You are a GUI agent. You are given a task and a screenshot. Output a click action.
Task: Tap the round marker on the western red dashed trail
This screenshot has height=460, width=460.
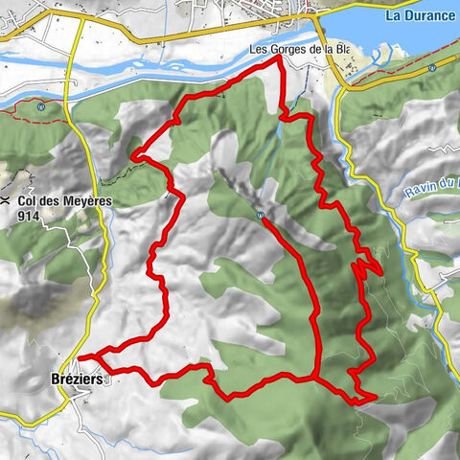[x=40, y=107]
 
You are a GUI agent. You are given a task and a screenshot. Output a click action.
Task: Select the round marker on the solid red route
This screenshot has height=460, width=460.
[x=260, y=216]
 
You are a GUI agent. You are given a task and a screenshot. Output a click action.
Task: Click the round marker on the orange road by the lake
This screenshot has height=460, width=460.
[x=432, y=68]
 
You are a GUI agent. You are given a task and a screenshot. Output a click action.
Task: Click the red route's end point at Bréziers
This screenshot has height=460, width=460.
[x=80, y=358]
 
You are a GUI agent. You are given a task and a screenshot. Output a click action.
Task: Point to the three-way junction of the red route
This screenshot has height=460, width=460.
[x=313, y=378]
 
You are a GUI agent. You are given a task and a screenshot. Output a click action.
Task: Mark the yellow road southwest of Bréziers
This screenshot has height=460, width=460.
[x=29, y=418]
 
